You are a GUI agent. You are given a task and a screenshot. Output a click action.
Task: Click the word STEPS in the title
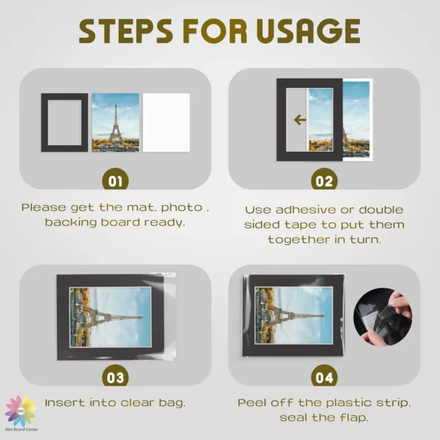[125, 31]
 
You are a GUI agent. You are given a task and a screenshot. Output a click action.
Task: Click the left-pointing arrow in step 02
[300, 120]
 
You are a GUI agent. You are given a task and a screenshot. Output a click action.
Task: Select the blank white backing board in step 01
[166, 122]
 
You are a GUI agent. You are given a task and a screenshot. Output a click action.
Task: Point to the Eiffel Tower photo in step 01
[115, 122]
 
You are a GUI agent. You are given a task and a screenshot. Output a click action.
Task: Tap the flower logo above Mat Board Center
[21, 411]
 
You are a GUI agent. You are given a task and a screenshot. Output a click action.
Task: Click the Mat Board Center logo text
[21, 429]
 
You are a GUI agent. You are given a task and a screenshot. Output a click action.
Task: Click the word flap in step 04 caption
[354, 418]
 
